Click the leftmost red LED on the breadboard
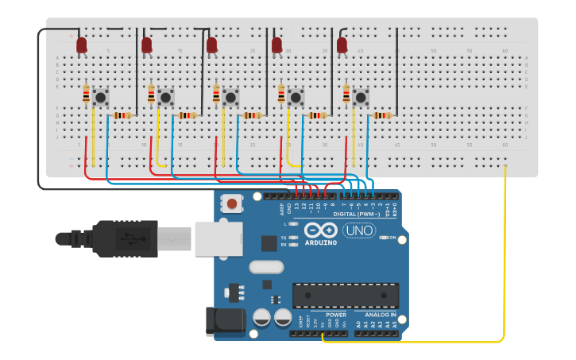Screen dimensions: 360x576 click(x=82, y=45)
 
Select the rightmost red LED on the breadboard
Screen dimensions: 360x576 click(x=342, y=45)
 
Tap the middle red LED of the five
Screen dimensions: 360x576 click(x=211, y=45)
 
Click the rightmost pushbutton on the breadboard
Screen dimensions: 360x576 click(x=361, y=97)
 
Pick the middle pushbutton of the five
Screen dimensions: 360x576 click(x=230, y=97)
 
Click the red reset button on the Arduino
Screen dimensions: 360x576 click(x=232, y=203)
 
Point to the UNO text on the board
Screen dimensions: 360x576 click(x=359, y=230)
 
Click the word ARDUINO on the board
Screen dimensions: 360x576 click(x=320, y=242)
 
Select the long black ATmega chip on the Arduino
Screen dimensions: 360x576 click(x=346, y=295)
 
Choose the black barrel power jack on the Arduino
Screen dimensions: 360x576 click(x=226, y=320)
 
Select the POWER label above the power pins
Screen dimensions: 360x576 click(x=335, y=315)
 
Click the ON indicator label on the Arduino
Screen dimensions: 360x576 click(x=391, y=238)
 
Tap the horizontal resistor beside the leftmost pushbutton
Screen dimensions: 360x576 click(x=122, y=115)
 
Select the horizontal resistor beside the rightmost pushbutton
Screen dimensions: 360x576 click(x=382, y=115)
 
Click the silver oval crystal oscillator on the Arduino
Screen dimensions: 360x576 click(x=266, y=267)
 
